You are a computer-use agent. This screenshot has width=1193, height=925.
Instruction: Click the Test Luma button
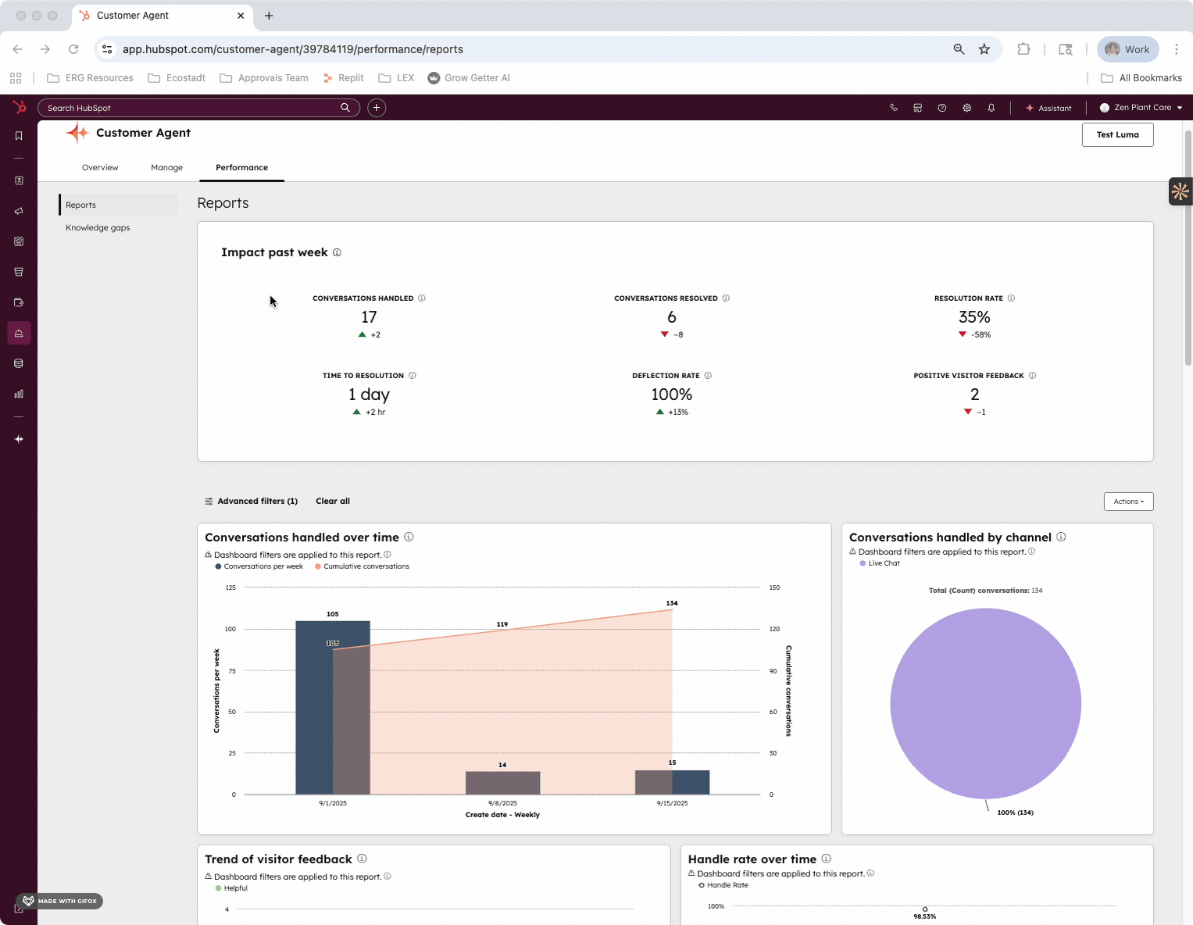pyautogui.click(x=1117, y=134)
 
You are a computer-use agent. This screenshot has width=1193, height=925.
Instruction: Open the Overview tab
pyautogui.click(x=100, y=167)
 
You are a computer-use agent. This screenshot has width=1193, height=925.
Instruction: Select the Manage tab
pyautogui.click(x=166, y=167)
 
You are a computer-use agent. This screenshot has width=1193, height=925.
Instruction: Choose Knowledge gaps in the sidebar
pyautogui.click(x=98, y=227)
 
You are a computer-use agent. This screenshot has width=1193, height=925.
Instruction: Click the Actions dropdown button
pyautogui.click(x=1128, y=502)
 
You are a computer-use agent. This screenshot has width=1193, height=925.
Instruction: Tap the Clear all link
pyautogui.click(x=332, y=502)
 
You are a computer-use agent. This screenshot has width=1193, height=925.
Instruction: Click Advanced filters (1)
pyautogui.click(x=251, y=502)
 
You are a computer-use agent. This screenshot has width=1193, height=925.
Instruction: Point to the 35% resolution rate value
pyautogui.click(x=973, y=317)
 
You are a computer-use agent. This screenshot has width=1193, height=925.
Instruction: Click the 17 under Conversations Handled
pyautogui.click(x=369, y=317)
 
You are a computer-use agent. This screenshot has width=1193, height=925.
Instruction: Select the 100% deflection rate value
pyautogui.click(x=671, y=395)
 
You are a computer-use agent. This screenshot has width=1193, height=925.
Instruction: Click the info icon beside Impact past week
pyautogui.click(x=337, y=252)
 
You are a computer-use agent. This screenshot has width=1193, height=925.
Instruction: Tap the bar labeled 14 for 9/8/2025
pyautogui.click(x=502, y=782)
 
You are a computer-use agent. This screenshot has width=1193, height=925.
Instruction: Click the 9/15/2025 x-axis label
pyautogui.click(x=672, y=803)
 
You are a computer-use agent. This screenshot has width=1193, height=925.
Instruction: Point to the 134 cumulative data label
pyautogui.click(x=672, y=603)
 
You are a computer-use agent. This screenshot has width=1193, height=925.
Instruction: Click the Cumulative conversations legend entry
pyautogui.click(x=366, y=566)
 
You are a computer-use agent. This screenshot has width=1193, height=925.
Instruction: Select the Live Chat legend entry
pyautogui.click(x=883, y=563)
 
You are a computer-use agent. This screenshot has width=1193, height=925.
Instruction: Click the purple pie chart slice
pyautogui.click(x=985, y=703)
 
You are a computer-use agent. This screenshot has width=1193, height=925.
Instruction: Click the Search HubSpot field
pyautogui.click(x=191, y=108)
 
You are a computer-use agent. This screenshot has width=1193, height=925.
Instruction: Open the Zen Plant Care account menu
pyautogui.click(x=1141, y=108)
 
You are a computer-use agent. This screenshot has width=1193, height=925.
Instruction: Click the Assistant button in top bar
pyautogui.click(x=1048, y=108)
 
